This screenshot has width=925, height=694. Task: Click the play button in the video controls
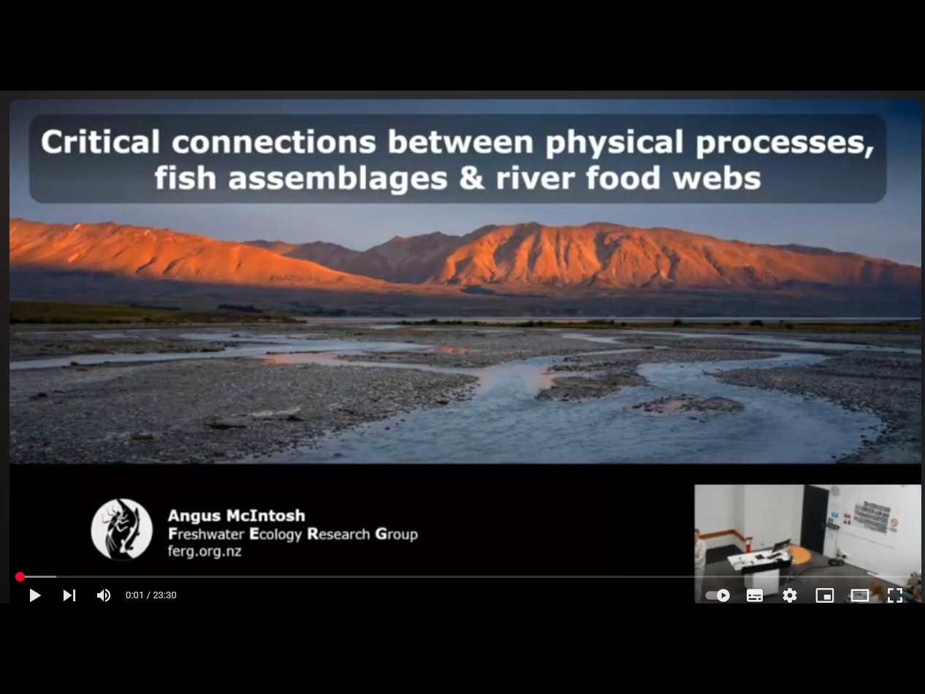(x=35, y=595)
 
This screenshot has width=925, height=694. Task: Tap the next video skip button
(x=69, y=595)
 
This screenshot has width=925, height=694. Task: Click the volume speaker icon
(x=103, y=595)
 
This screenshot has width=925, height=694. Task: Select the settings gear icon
(x=790, y=595)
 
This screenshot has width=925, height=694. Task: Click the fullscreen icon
(x=894, y=595)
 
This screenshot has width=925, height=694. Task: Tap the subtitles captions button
(x=754, y=595)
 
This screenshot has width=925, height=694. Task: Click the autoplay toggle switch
(x=717, y=595)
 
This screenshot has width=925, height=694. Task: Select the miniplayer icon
(x=825, y=595)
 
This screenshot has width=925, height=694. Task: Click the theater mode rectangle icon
(x=860, y=595)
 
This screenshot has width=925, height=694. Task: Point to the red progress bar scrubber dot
(x=20, y=577)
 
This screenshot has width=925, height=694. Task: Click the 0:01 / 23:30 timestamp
(x=151, y=595)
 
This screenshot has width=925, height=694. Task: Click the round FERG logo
(x=122, y=529)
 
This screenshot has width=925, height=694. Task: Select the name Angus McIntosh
(x=237, y=515)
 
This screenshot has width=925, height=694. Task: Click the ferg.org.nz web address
(x=205, y=551)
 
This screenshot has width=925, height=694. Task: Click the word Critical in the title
(x=100, y=142)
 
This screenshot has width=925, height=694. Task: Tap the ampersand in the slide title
(x=471, y=178)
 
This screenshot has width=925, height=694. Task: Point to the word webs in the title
(x=717, y=178)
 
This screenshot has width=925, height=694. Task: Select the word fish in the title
(x=186, y=178)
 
